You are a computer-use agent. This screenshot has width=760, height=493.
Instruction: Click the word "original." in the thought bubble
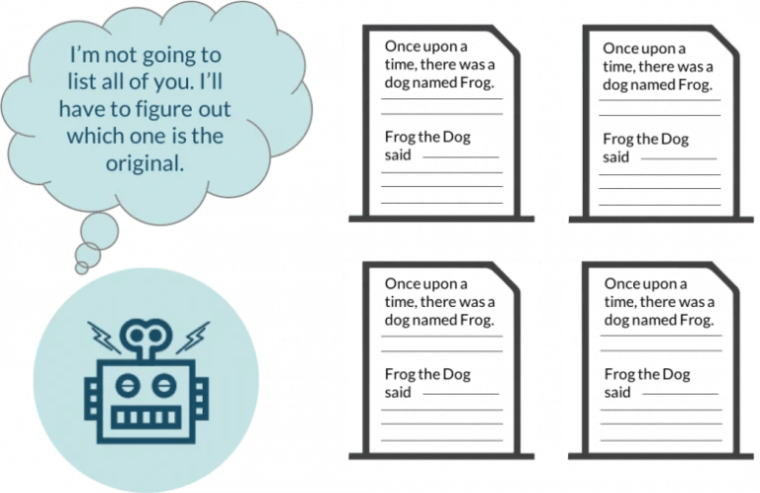[x=144, y=163]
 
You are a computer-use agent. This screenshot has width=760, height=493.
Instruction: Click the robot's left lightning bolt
[x=104, y=337]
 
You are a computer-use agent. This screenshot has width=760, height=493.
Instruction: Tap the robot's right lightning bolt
[x=193, y=337]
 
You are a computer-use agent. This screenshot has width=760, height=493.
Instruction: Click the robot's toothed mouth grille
[x=145, y=418]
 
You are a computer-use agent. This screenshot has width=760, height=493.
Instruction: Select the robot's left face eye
[x=127, y=385]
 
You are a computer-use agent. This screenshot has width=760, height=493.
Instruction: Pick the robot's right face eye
[x=164, y=385]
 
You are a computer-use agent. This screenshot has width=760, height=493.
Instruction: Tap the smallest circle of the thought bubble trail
[x=82, y=267]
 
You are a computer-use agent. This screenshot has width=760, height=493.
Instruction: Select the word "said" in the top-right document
[x=616, y=157]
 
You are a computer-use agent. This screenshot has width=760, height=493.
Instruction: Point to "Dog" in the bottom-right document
[x=676, y=375]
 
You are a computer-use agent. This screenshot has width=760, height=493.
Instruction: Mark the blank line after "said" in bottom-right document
[x=681, y=394]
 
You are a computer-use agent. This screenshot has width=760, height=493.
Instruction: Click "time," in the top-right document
[x=617, y=67]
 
